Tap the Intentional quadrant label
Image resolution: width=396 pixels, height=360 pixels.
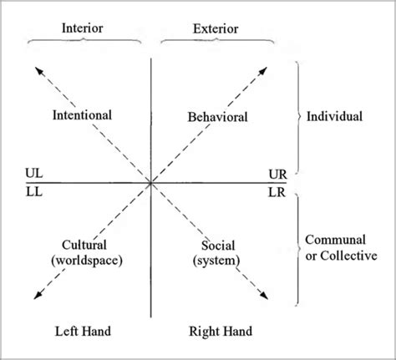(x=82, y=114)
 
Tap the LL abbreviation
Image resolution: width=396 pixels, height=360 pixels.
(x=36, y=191)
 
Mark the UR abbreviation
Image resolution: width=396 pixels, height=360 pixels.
(x=277, y=173)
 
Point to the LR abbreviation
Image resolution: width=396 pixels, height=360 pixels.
(x=277, y=191)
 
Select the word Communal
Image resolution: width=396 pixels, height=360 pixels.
(x=333, y=239)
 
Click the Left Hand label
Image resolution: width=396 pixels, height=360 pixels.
(x=83, y=332)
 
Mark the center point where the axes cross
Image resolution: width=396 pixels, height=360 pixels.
(x=151, y=182)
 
